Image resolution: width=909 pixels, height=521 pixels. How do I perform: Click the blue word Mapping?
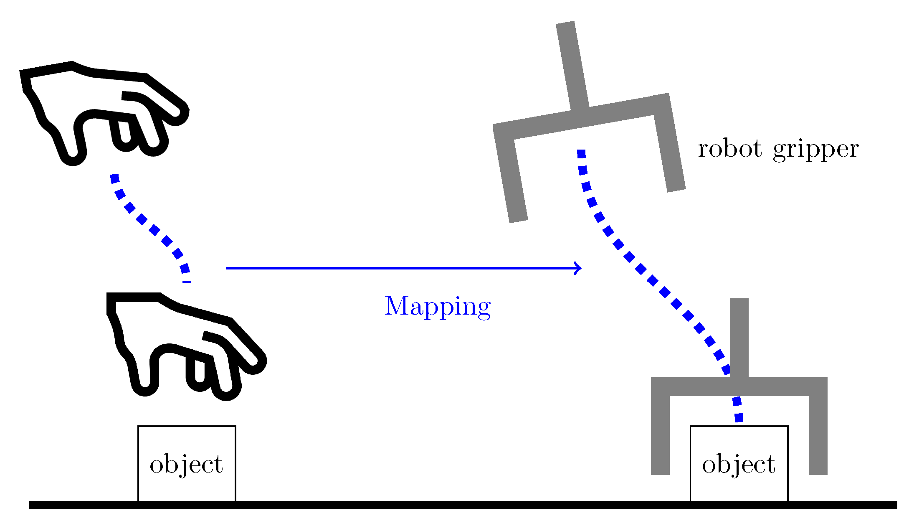(x=437, y=306)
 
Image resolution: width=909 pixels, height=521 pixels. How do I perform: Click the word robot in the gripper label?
(x=730, y=149)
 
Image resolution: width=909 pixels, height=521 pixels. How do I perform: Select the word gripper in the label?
(x=815, y=150)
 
